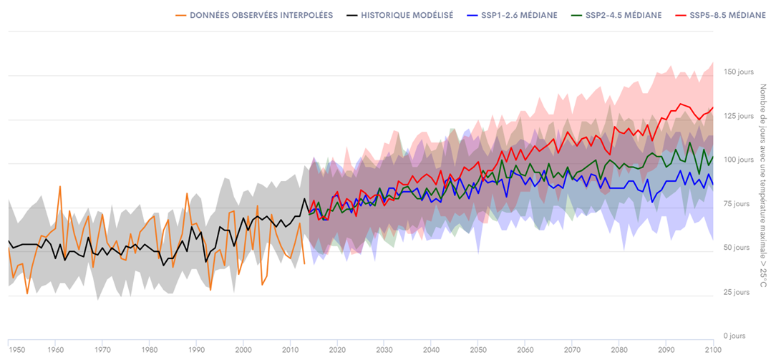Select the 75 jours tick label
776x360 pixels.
pyautogui.click(x=738, y=204)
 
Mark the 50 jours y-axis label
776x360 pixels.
pyautogui.click(x=738, y=248)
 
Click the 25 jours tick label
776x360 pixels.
pyautogui.click(x=738, y=292)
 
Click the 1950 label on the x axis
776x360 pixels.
pyautogui.click(x=17, y=350)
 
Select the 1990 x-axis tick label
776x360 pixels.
pyautogui.click(x=195, y=350)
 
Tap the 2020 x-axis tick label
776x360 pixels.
pyautogui.click(x=336, y=350)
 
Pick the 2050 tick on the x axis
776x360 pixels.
pyautogui.click(x=477, y=350)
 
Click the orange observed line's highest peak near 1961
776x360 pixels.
pyautogui.click(x=60, y=186)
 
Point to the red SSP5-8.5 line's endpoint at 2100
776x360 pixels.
pyautogui.click(x=713, y=108)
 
